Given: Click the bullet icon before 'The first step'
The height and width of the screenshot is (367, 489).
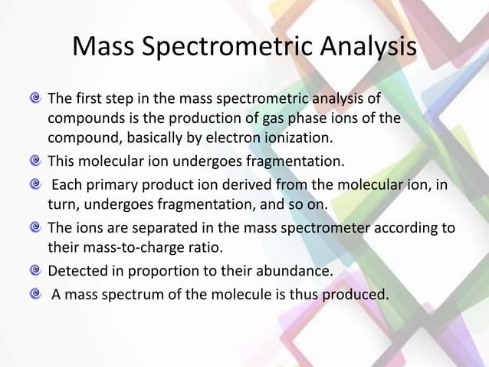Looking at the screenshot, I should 35,100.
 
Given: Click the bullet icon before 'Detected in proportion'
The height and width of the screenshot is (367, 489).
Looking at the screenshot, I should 35,269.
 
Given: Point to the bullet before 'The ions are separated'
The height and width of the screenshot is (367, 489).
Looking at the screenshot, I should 35,226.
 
